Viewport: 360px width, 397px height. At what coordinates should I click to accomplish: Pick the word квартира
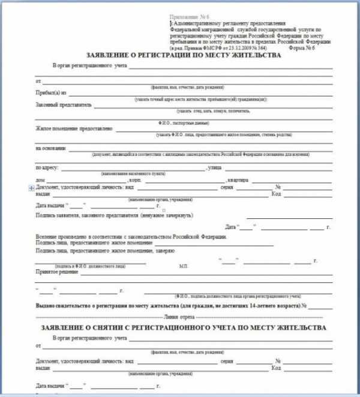(236, 180)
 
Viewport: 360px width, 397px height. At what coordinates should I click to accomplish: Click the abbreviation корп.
(135, 180)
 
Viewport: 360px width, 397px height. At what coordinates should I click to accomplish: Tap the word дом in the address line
(40, 180)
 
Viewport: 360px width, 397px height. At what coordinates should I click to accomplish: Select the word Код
(277, 193)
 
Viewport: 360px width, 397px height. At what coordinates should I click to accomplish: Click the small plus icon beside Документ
(31, 187)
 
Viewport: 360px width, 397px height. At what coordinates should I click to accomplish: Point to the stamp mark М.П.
(184, 264)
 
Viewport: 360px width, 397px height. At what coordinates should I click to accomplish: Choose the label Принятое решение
(56, 272)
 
